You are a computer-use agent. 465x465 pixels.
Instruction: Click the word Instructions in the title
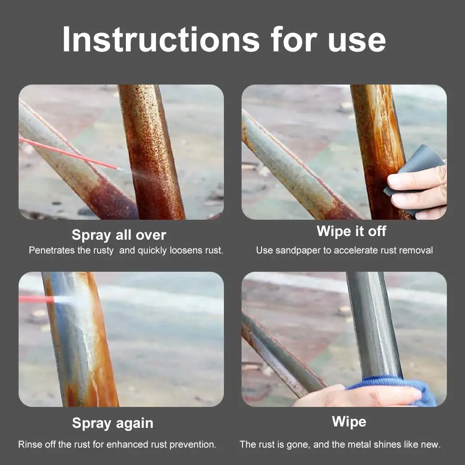tap(161, 39)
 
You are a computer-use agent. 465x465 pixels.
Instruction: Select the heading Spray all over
tap(119, 235)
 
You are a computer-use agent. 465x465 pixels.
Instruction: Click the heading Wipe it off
tap(351, 231)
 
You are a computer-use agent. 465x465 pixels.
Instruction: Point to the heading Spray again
tap(113, 423)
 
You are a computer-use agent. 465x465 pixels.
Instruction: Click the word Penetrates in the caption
tap(52, 250)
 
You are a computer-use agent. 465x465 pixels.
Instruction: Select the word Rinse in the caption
tap(29, 444)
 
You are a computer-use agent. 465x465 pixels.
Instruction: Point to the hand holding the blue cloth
tap(356, 396)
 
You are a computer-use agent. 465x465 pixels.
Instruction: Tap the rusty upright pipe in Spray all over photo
tap(151, 152)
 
